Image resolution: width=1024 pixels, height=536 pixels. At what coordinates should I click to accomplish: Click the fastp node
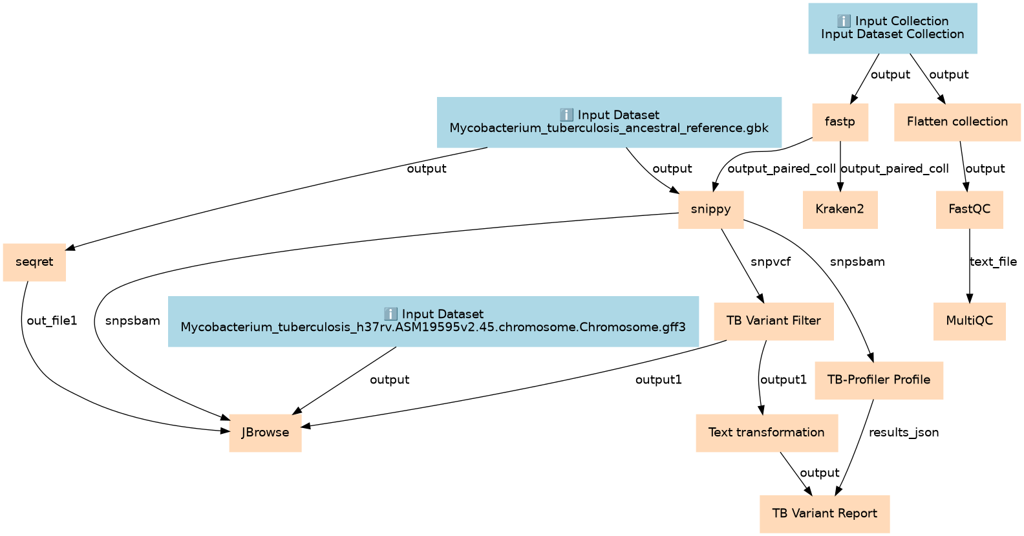click(x=840, y=122)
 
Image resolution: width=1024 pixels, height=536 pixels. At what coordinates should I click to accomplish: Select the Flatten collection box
click(x=957, y=122)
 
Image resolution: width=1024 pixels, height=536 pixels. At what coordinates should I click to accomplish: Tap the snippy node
click(x=710, y=209)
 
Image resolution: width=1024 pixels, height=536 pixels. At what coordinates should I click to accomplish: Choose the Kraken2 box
click(x=840, y=209)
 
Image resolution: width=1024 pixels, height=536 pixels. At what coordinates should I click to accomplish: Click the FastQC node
click(x=969, y=209)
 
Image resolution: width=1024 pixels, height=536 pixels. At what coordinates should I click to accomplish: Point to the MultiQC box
click(x=969, y=321)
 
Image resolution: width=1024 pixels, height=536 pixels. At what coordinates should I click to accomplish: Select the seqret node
click(x=34, y=262)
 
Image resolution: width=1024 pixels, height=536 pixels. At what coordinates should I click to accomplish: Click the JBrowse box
click(x=265, y=433)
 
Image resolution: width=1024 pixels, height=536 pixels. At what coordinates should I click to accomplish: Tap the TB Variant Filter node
click(x=773, y=321)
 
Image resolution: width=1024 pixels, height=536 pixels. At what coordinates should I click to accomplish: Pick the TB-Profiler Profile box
click(x=879, y=380)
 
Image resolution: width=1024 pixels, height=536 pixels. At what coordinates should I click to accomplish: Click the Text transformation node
click(x=766, y=433)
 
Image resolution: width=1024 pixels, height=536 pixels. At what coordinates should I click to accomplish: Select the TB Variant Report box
click(x=824, y=513)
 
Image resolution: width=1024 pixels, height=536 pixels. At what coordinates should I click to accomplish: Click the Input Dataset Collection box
click(x=892, y=28)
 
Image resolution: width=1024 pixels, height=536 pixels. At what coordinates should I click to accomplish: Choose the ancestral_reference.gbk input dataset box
click(x=608, y=122)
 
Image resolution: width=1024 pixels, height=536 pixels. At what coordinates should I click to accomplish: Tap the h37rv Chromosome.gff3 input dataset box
click(x=432, y=321)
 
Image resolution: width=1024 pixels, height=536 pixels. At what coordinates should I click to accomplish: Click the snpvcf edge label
click(x=771, y=262)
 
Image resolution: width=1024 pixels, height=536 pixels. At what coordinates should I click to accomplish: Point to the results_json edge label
click(x=904, y=433)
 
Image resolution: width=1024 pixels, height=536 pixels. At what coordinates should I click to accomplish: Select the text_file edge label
click(x=993, y=262)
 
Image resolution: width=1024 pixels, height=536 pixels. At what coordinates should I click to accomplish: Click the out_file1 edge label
click(x=52, y=321)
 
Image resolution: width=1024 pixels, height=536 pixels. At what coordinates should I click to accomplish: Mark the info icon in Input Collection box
click(x=844, y=21)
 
